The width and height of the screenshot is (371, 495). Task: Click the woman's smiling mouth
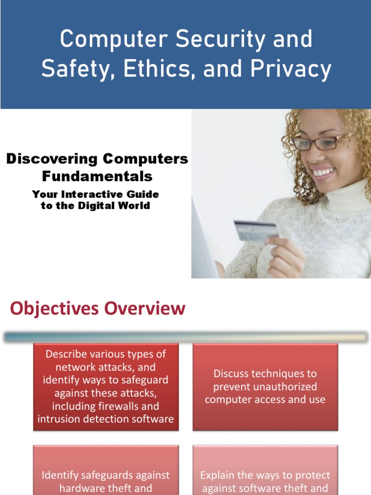pyautogui.click(x=323, y=173)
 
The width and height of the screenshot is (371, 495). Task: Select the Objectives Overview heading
pyautogui.click(x=98, y=308)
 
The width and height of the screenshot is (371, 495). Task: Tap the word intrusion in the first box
pyautogui.click(x=57, y=419)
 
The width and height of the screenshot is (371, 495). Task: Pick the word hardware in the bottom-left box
pyautogui.click(x=80, y=488)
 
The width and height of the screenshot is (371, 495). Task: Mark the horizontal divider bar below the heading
pyautogui.click(x=185, y=337)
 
